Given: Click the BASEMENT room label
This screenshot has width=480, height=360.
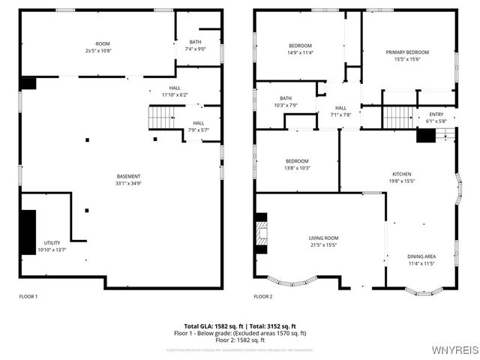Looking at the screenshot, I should coord(128,176).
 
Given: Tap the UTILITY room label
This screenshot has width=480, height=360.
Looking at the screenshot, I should coord(52,243).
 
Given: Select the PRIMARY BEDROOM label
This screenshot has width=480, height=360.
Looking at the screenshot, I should coord(409,52).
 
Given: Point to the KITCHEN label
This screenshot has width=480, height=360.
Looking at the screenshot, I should coord(402,174).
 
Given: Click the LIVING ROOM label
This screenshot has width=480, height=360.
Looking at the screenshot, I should coord(323,238).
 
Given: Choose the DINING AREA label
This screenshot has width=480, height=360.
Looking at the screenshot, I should coord(421,256).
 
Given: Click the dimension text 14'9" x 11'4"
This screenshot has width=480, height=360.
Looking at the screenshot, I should coord(301,53).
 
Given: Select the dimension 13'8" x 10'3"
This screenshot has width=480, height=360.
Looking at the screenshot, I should coord(297,168).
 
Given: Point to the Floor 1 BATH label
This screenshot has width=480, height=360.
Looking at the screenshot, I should coord(195,42).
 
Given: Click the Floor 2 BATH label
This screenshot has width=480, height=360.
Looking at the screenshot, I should coord(286,98).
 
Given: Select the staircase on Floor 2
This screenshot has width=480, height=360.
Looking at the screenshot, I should coord(398,117).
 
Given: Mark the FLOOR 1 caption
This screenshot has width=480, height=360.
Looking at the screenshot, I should coord(28,297).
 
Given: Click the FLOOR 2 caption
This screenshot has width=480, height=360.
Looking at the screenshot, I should coord(262,297).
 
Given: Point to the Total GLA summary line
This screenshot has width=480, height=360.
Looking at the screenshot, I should coord(240,326).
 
